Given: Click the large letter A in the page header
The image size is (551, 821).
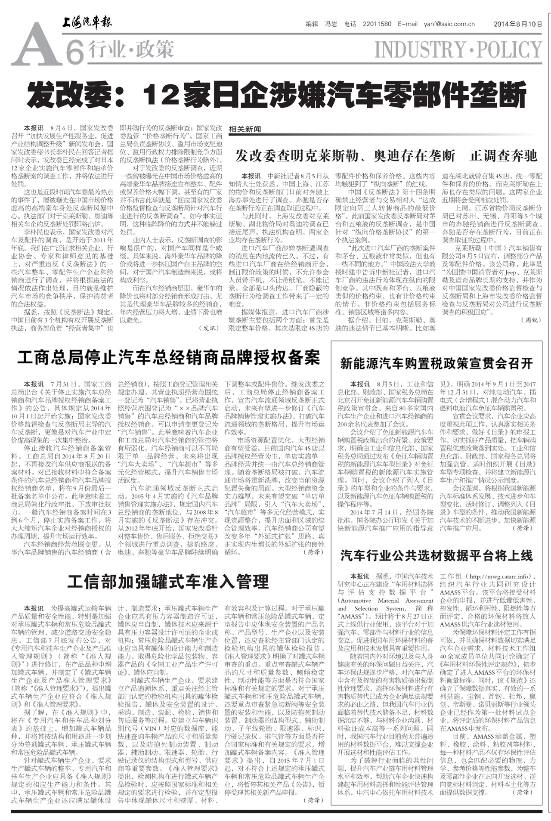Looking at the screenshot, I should click(36, 45).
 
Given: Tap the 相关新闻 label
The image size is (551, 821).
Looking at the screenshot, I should click(245, 129).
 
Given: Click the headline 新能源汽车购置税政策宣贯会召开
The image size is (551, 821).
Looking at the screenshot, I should click(436, 363).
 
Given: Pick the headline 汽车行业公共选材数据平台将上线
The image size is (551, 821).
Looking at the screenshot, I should click(436, 556).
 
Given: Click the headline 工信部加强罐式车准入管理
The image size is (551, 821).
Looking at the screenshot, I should click(168, 582).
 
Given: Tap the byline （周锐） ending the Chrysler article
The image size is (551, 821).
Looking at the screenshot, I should click(531, 320).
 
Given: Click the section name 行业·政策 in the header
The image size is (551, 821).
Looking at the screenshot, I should click(131, 49).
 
